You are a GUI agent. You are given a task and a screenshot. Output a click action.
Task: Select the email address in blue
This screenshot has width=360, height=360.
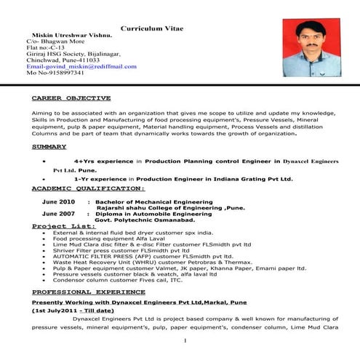pyautogui.click(x=81, y=66)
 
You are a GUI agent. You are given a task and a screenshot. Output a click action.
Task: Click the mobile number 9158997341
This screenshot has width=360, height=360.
pyautogui.click(x=55, y=73)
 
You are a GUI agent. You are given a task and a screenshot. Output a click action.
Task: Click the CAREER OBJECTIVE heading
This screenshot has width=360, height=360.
pyautogui.click(x=71, y=97)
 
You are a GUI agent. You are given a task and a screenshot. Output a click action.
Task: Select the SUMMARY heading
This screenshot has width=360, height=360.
pyautogui.click(x=49, y=146)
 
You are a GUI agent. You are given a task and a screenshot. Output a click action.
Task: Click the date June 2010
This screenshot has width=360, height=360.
pyautogui.click(x=58, y=201)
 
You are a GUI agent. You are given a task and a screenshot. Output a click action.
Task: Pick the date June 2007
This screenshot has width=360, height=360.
pyautogui.click(x=58, y=214)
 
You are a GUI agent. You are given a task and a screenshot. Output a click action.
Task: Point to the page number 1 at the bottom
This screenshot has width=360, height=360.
pyautogui.click(x=186, y=340)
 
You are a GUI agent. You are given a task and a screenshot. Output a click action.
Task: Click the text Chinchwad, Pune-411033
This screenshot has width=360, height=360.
pyautogui.click(x=63, y=60)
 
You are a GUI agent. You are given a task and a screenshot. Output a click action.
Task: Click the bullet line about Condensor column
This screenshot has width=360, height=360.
pyautogui.click(x=119, y=279)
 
